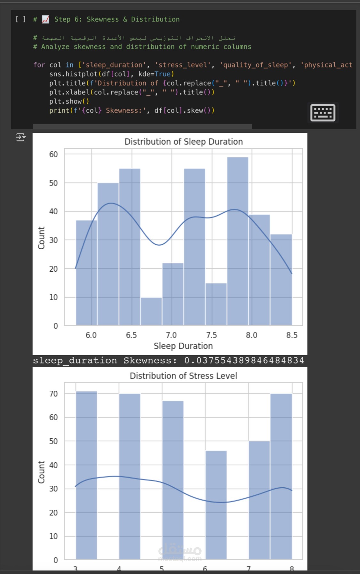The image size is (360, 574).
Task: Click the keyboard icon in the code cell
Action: (x=323, y=113)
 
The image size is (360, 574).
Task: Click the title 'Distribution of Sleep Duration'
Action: (x=183, y=142)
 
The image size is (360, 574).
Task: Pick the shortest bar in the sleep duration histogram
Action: (x=151, y=311)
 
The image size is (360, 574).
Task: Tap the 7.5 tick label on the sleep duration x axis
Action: (x=211, y=335)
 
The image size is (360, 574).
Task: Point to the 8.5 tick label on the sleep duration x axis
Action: (x=292, y=335)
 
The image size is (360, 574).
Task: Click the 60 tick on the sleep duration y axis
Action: (x=53, y=155)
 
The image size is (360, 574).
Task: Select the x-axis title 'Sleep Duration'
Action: (x=183, y=346)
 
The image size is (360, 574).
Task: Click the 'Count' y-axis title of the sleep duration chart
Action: (x=41, y=238)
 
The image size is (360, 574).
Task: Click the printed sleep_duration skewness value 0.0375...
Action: (x=244, y=361)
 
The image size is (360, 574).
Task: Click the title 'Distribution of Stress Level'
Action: (x=183, y=376)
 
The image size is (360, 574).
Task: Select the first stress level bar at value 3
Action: (x=86, y=475)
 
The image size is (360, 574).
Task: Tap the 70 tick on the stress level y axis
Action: (x=53, y=394)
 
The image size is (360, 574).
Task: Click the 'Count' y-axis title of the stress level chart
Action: (x=41, y=472)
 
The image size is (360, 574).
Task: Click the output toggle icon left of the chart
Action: (x=21, y=138)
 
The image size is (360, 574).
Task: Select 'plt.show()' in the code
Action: (x=69, y=101)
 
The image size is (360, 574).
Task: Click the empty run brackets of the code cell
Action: (x=20, y=20)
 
